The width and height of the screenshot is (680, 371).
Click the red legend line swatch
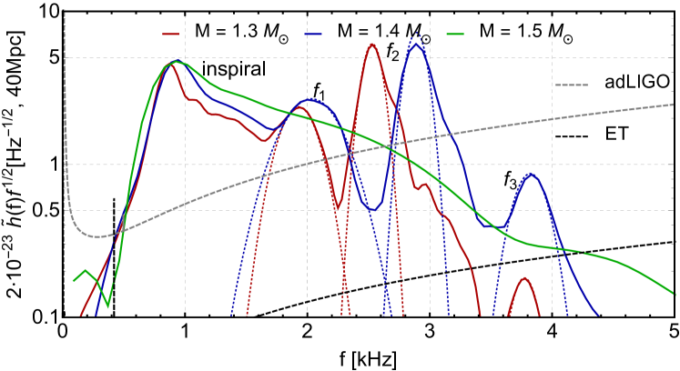click(x=170, y=35)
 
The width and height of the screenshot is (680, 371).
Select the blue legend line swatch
click(x=312, y=35)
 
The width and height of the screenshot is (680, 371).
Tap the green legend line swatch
click(x=455, y=35)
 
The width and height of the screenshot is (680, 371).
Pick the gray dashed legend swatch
click(x=571, y=85)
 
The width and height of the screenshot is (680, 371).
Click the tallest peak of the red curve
click(x=371, y=44)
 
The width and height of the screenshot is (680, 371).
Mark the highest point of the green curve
click(x=177, y=62)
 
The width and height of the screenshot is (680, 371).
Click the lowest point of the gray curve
click(x=100, y=236)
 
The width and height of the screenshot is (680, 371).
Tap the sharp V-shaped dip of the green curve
click(x=108, y=306)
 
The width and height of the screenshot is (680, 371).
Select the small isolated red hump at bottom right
click(x=524, y=278)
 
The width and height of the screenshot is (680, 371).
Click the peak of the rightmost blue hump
click(x=530, y=174)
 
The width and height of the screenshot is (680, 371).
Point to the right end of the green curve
click(x=675, y=294)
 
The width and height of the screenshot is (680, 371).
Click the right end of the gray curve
click(x=673, y=105)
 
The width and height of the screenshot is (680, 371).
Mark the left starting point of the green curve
click(x=74, y=281)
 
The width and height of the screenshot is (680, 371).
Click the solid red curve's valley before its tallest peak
click(x=336, y=209)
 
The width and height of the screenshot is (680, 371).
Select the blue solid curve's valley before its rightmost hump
click(x=499, y=226)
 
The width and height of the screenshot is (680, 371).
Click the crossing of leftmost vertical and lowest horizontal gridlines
click(x=185, y=210)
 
